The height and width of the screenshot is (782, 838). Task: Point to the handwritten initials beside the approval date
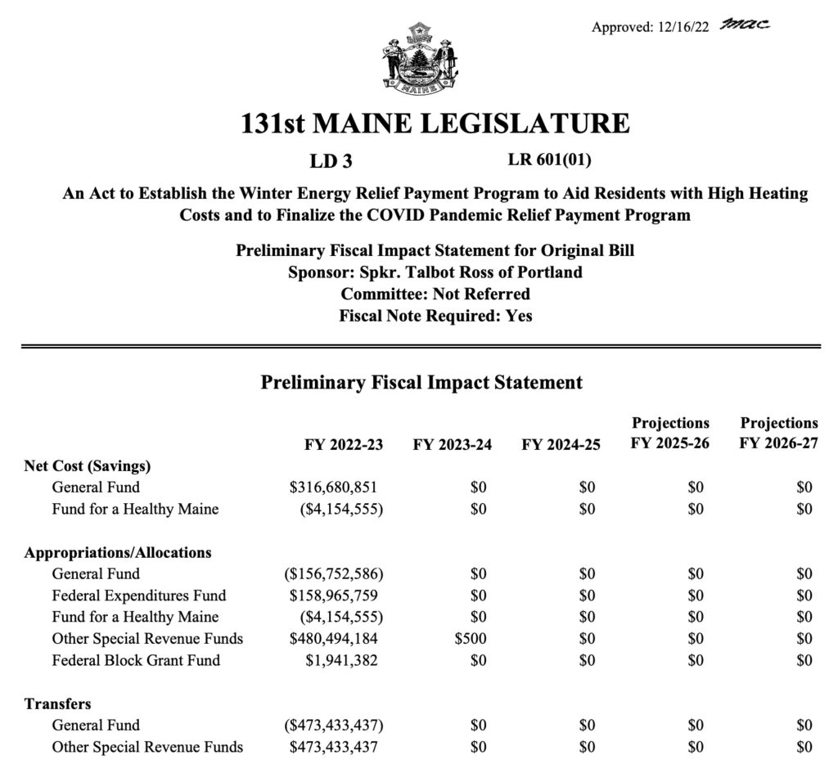pyautogui.click(x=746, y=25)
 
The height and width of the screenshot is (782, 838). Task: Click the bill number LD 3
pyautogui.click(x=331, y=161)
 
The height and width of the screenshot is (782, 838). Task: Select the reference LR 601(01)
pyautogui.click(x=556, y=160)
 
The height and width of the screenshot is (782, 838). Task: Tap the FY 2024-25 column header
pyautogui.click(x=561, y=445)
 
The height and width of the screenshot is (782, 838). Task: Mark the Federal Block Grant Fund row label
pyautogui.click(x=136, y=660)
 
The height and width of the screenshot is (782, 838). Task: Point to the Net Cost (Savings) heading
pyautogui.click(x=88, y=466)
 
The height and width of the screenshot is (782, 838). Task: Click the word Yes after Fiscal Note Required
pyautogui.click(x=519, y=315)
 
